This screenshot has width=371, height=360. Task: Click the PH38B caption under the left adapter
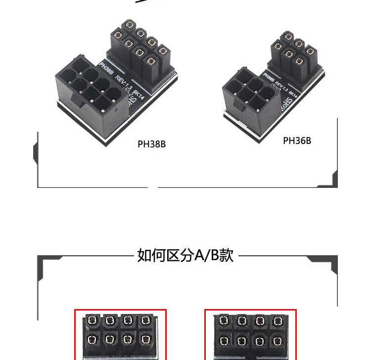151,144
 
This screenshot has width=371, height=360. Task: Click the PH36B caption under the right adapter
297,140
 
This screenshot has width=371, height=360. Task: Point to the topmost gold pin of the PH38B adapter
130,24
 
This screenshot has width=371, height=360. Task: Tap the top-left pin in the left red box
92,321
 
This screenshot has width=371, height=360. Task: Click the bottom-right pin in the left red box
145,340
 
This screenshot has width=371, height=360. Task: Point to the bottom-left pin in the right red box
224,340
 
